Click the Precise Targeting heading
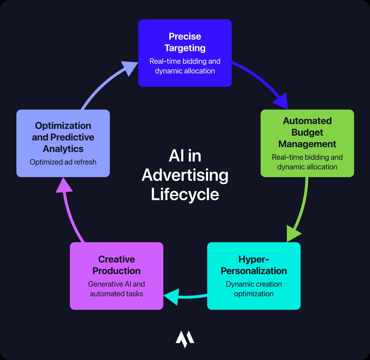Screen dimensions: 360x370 (x=185, y=42)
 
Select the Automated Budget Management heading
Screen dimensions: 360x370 (x=307, y=132)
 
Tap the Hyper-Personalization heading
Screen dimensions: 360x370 (x=254, y=265)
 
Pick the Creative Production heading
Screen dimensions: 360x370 (x=116, y=265)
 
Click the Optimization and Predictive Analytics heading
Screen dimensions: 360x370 (x=63, y=137)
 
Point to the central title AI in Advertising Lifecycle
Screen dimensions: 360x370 (x=185, y=175)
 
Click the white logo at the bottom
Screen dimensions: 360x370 (x=185, y=339)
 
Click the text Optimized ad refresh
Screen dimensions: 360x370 (x=63, y=162)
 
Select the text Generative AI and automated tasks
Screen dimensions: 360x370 (x=116, y=289)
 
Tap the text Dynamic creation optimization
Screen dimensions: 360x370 (x=254, y=289)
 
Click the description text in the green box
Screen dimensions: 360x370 (x=307, y=162)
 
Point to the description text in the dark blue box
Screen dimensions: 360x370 (x=185, y=66)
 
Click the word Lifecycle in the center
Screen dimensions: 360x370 (x=185, y=194)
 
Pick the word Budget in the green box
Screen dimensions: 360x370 (x=307, y=132)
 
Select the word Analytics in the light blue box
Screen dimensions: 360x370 (x=63, y=149)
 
